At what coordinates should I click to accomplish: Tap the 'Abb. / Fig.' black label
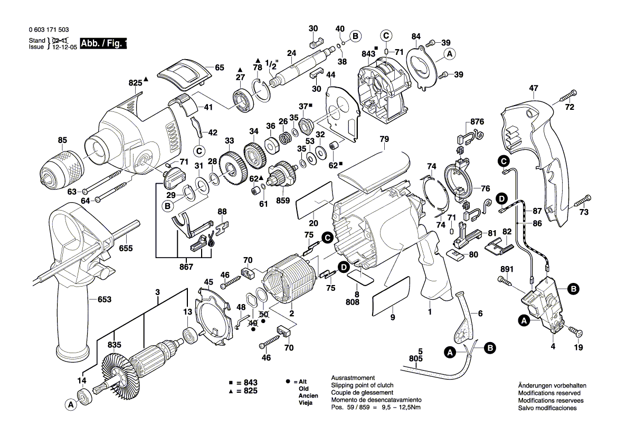(103, 44)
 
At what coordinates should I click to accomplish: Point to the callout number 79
(384, 139)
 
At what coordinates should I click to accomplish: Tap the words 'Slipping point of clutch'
(363, 385)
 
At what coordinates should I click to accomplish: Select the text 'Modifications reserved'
(549, 393)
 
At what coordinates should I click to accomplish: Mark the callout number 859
(283, 201)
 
